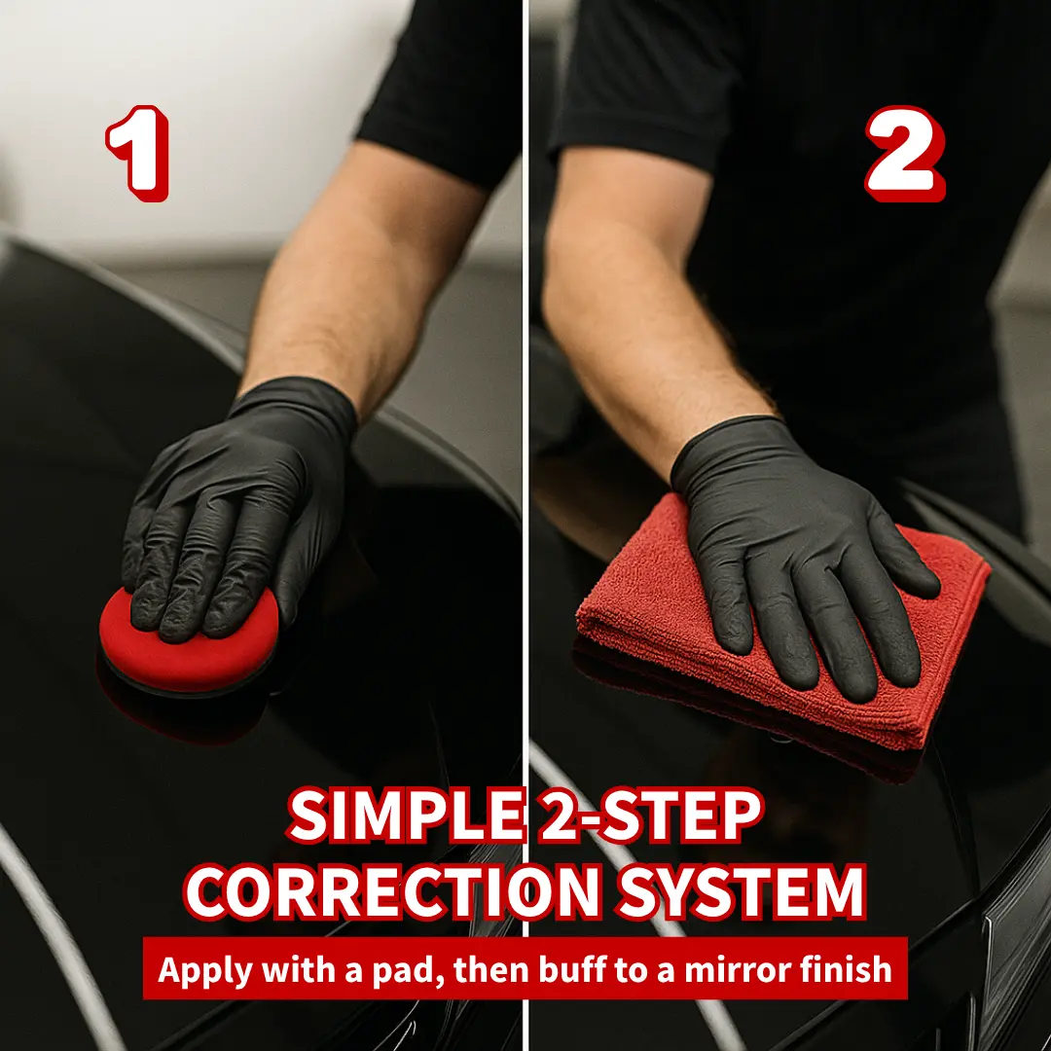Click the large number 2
point(904,153)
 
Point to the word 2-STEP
point(651,815)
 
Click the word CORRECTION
point(392,892)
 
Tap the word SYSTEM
point(742,892)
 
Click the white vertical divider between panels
point(526,525)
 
